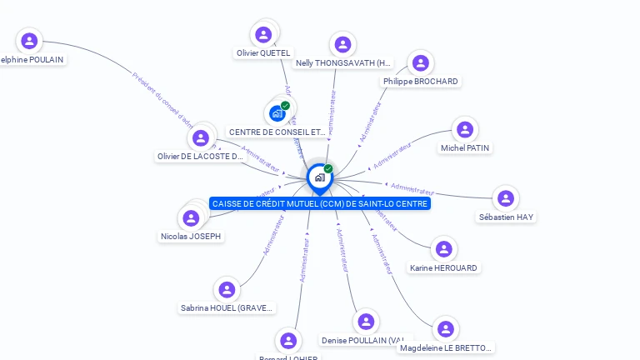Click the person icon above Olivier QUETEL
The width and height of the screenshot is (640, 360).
coord(264,34)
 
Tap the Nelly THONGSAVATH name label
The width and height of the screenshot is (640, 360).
coord(343,62)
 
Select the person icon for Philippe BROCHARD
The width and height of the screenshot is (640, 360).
coord(421,62)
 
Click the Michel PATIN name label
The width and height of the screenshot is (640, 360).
coord(465,148)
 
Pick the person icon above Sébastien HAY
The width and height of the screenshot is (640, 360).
coord(505,198)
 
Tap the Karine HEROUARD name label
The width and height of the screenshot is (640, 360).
coord(443,268)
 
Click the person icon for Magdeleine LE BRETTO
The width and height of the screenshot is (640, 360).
coord(446,328)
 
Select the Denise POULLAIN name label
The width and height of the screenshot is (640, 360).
coord(365,340)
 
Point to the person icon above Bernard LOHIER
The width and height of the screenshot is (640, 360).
coord(288,340)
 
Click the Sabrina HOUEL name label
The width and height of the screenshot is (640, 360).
coord(227,308)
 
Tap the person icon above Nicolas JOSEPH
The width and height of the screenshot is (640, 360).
coord(192,218)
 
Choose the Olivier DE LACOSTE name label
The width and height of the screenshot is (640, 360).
coord(200,157)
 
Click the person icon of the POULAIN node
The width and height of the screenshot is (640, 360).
coord(30,40)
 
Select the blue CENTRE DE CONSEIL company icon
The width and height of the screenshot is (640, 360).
coord(277,113)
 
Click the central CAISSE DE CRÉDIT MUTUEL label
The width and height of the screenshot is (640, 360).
coord(320,203)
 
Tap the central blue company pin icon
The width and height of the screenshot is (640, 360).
coord(319,177)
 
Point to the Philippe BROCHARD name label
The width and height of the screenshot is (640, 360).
coord(421,82)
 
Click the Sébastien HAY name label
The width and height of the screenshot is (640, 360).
coord(506,217)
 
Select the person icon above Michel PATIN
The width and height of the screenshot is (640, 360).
coord(465,129)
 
